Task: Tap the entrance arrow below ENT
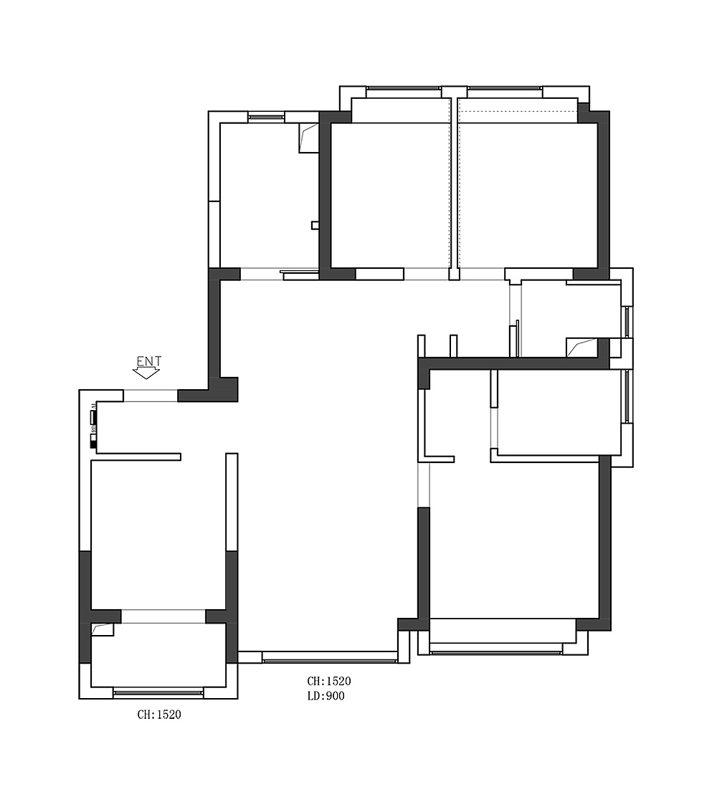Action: [x=147, y=373]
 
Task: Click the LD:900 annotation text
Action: [x=326, y=696]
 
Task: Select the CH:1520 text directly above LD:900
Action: [x=329, y=681]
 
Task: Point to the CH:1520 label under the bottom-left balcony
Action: [x=159, y=715]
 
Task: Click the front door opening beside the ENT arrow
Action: [x=151, y=396]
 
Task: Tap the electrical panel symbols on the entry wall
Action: [x=93, y=426]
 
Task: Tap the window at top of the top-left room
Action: [x=266, y=116]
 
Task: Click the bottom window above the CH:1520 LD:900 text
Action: [x=329, y=657]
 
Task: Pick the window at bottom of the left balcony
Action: [x=158, y=692]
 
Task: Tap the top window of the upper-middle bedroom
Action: [x=403, y=92]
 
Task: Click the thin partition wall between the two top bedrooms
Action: [x=455, y=186]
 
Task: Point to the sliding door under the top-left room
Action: [x=300, y=274]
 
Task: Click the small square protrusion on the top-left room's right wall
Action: [x=315, y=225]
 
